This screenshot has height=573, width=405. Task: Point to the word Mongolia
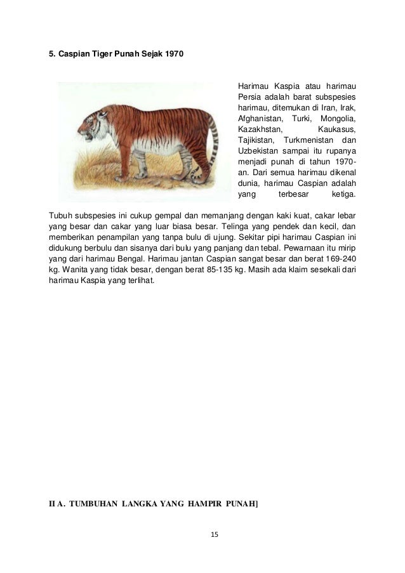click(x=338, y=119)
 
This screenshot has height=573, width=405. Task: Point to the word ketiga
click(x=345, y=194)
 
